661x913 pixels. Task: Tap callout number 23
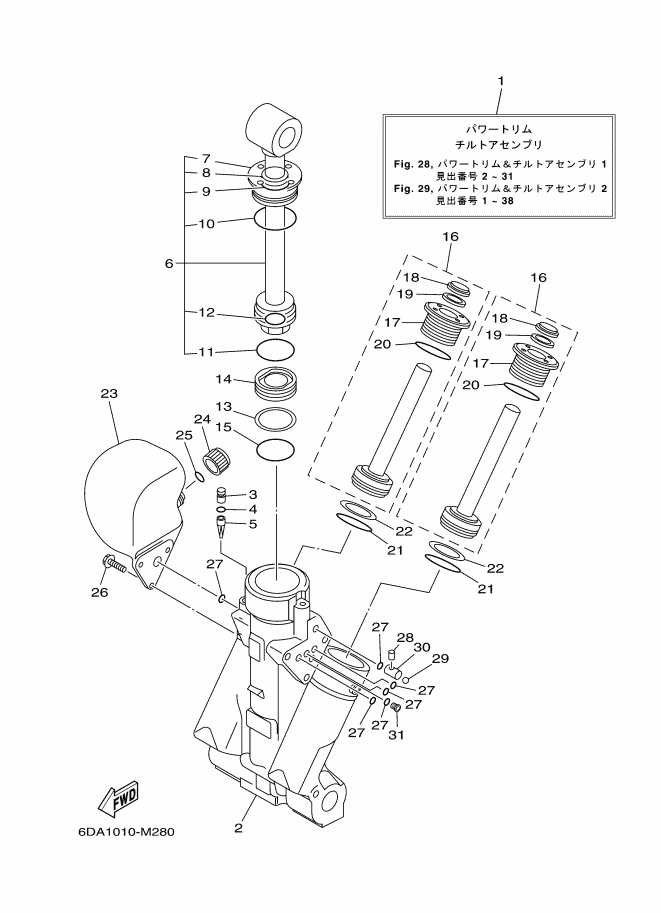click(x=109, y=394)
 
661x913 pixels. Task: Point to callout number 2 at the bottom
click(x=238, y=827)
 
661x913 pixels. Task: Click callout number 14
click(x=222, y=379)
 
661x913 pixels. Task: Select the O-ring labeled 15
click(x=277, y=450)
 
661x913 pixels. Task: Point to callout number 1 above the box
click(x=500, y=81)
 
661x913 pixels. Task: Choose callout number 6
click(x=169, y=263)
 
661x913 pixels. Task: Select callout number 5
click(x=253, y=523)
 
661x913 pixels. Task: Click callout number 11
click(x=206, y=351)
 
